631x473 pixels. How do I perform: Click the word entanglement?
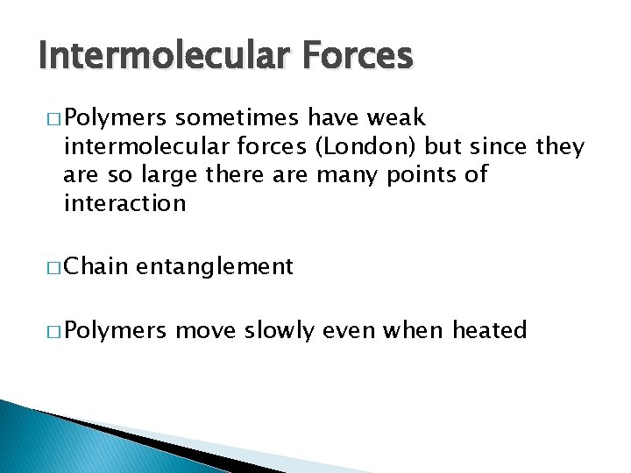tap(215, 266)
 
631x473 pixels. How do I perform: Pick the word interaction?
tap(124, 204)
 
